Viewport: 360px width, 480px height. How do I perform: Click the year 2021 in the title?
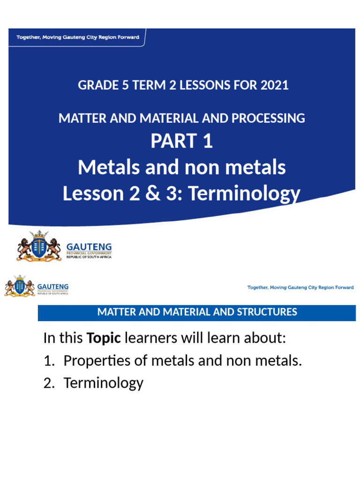click(x=274, y=85)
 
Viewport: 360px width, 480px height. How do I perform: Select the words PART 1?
click(x=181, y=141)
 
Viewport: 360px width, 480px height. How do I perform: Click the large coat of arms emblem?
click(x=39, y=246)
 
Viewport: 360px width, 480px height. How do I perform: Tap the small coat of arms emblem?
click(x=19, y=286)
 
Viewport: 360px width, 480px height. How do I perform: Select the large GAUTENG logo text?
click(x=89, y=246)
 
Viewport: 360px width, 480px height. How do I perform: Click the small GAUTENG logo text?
click(x=53, y=286)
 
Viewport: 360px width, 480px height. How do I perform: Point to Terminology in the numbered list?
click(x=103, y=383)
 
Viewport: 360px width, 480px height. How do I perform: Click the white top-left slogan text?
click(x=78, y=37)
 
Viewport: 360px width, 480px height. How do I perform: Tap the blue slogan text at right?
click(x=300, y=287)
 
